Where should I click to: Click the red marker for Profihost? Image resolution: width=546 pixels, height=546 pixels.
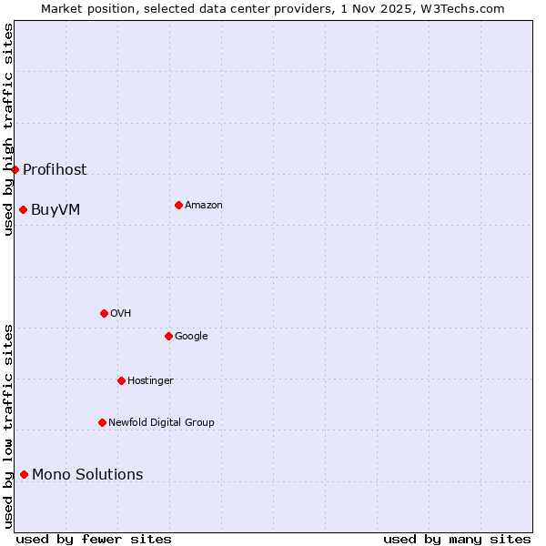pyautogui.click(x=15, y=169)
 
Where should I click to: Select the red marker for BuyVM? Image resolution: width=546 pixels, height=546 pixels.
pyautogui.click(x=23, y=209)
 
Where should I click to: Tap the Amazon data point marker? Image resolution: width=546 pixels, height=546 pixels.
pyautogui.click(x=178, y=205)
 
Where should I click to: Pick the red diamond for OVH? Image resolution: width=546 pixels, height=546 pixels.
pyautogui.click(x=104, y=313)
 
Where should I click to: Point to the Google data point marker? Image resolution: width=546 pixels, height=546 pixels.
pyautogui.click(x=168, y=336)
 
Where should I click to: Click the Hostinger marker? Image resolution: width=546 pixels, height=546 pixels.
pyautogui.click(x=121, y=380)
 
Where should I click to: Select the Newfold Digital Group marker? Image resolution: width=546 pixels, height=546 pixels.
pyautogui.click(x=102, y=422)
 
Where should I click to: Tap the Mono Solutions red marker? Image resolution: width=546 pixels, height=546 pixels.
pyautogui.click(x=24, y=474)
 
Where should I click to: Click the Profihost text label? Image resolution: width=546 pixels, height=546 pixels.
pyautogui.click(x=55, y=169)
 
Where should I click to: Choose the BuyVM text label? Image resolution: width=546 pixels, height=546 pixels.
pyautogui.click(x=56, y=209)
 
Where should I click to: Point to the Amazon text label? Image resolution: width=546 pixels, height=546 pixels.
pyautogui.click(x=204, y=205)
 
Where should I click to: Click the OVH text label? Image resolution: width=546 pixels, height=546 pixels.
pyautogui.click(x=121, y=313)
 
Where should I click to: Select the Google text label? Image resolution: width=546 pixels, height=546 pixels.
pyautogui.click(x=191, y=336)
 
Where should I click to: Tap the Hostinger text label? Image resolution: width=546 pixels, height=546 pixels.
pyautogui.click(x=150, y=380)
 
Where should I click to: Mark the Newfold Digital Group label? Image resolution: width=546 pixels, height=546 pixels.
pyautogui.click(x=161, y=422)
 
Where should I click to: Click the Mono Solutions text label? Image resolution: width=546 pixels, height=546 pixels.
pyautogui.click(x=87, y=474)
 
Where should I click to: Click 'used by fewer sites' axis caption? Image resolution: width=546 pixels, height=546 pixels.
pyautogui.click(x=94, y=539)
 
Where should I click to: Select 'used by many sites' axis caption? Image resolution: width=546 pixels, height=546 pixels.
pyautogui.click(x=457, y=539)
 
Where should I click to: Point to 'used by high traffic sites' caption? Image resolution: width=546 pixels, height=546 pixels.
pyautogui.click(x=8, y=129)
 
